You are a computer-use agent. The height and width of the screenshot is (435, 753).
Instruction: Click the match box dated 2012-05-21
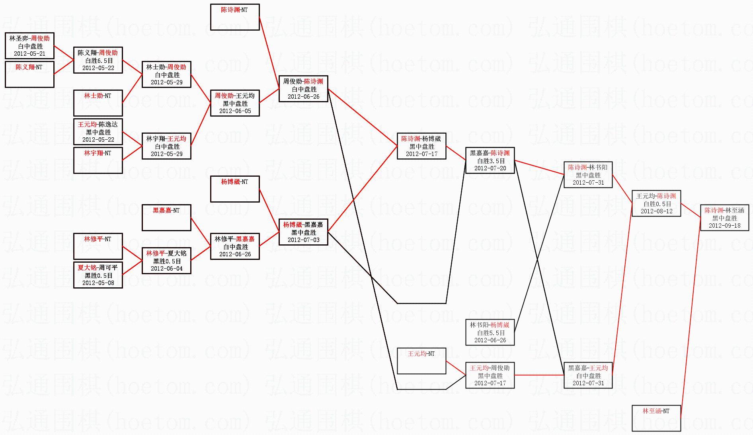point(30,46)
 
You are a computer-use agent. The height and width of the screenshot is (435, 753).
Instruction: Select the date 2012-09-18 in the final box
point(724,226)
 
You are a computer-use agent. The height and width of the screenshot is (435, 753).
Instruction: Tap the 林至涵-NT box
point(656,418)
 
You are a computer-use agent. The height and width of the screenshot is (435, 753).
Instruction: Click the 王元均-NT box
point(421,361)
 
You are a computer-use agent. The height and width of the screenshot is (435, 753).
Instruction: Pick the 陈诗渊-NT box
point(235,17)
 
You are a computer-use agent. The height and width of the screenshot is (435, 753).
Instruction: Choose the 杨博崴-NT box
point(235,189)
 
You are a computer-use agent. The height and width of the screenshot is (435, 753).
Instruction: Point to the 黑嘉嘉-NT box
point(166,218)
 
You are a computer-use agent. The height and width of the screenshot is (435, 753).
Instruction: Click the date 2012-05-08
point(98,283)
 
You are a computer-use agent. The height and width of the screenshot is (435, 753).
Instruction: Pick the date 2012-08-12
point(656,211)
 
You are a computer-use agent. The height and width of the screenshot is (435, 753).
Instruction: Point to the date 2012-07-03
point(303,240)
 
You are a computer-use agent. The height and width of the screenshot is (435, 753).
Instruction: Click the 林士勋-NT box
point(98,103)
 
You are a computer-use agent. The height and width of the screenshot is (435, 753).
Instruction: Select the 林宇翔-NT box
point(98,160)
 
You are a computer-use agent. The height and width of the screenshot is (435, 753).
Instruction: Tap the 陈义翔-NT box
point(29,74)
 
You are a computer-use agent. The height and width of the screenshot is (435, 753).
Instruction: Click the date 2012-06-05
point(235,111)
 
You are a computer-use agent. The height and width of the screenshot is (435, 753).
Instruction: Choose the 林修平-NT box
point(98,246)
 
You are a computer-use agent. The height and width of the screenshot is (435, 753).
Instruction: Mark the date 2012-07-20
point(490,168)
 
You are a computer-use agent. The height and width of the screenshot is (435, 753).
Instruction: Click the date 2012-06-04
point(166,269)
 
